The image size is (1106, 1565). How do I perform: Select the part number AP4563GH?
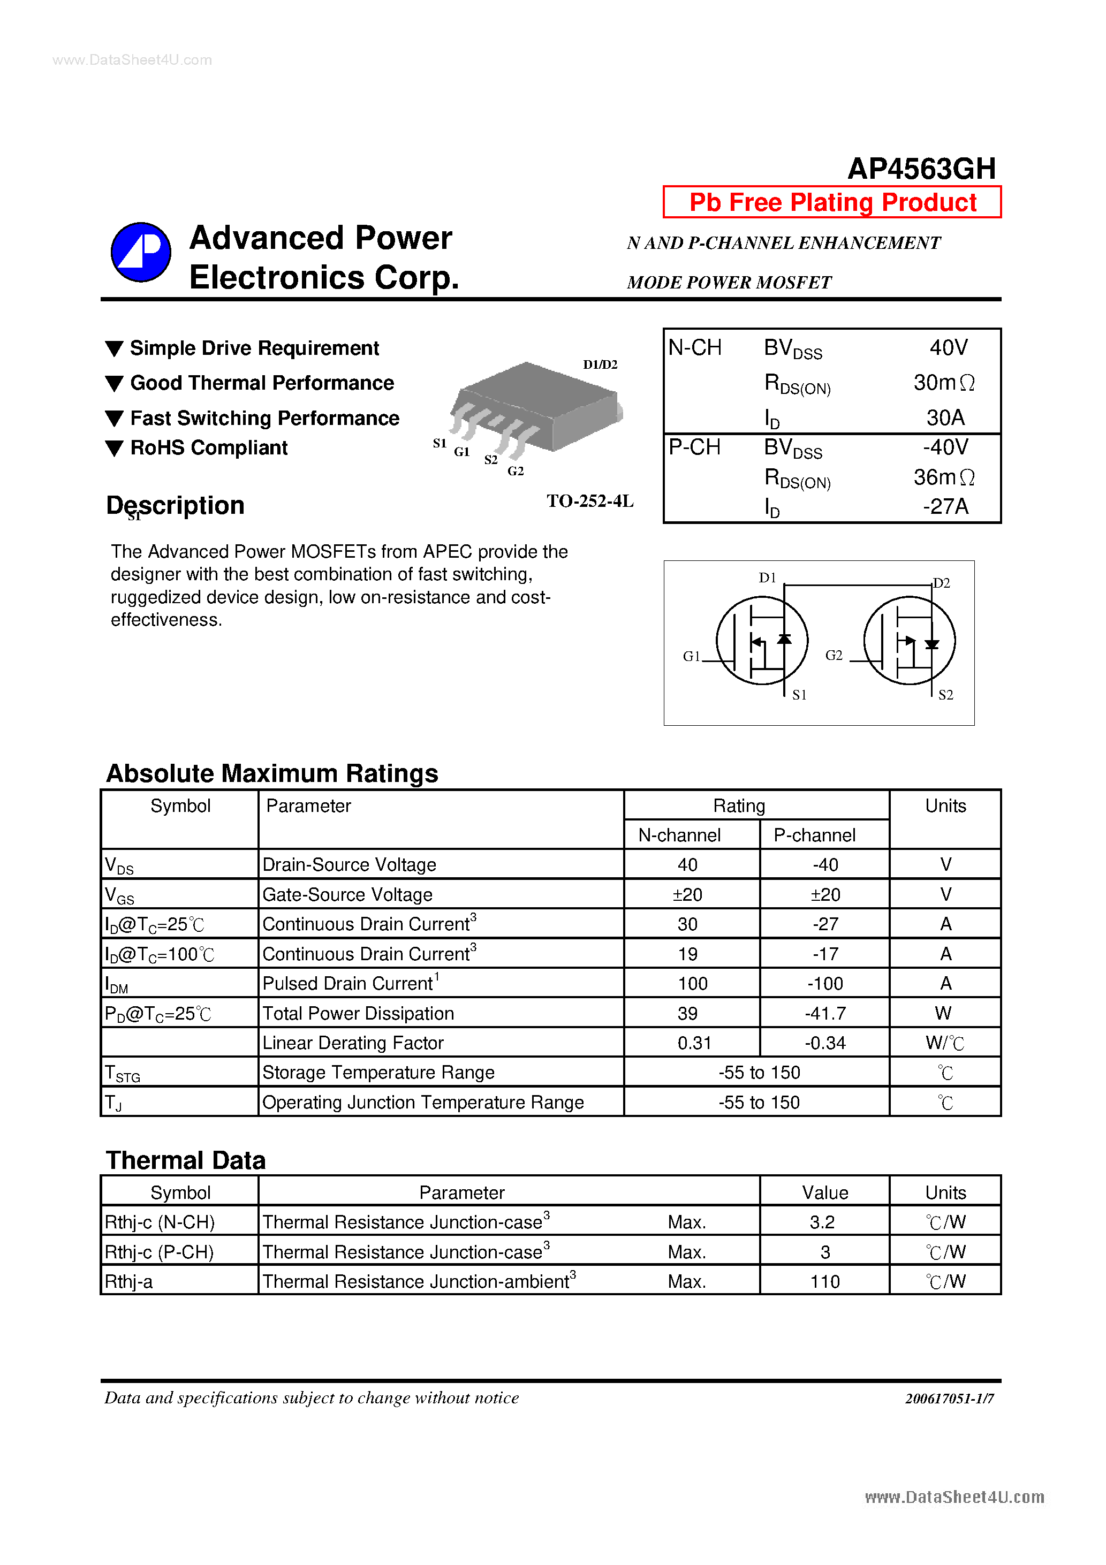[921, 169]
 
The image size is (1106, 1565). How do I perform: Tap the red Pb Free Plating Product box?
[832, 202]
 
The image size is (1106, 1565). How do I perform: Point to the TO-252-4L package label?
[590, 501]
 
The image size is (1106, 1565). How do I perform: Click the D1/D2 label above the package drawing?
[600, 364]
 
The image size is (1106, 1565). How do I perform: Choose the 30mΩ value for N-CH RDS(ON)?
[944, 383]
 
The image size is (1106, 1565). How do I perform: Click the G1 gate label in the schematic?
[692, 656]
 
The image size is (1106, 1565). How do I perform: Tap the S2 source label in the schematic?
[946, 695]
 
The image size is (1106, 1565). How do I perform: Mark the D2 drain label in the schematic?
[942, 583]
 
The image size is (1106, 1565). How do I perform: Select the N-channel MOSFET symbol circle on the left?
[762, 641]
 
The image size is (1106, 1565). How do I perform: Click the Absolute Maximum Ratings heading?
[272, 773]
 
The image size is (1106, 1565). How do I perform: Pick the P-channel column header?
[814, 835]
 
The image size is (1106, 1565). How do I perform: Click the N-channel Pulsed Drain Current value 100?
[692, 984]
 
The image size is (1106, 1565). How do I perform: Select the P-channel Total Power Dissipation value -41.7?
[825, 1014]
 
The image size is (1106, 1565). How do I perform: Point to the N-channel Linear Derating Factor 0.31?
[694, 1043]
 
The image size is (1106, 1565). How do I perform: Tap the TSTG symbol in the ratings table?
[122, 1074]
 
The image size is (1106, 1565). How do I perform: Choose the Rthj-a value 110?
[824, 1281]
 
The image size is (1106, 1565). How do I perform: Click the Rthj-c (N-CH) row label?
[160, 1222]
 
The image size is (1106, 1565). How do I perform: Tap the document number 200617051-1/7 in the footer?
[949, 1398]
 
